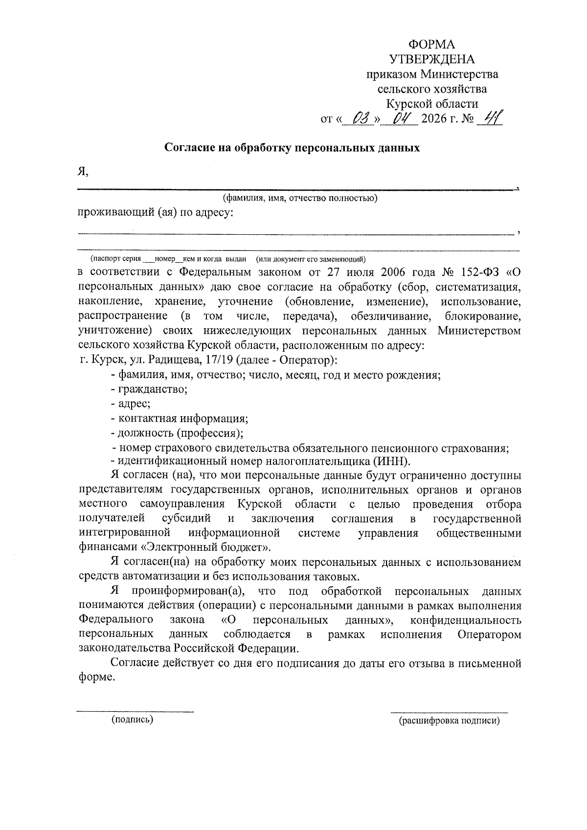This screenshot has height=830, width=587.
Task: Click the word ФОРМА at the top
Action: [431, 45]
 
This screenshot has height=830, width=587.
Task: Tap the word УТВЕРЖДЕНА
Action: [431, 60]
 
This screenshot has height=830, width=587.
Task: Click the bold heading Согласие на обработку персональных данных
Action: [292, 147]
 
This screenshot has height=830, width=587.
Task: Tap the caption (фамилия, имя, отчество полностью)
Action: [300, 198]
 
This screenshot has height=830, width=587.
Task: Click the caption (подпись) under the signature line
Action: [133, 719]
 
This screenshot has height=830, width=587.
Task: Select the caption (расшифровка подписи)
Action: [449, 721]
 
